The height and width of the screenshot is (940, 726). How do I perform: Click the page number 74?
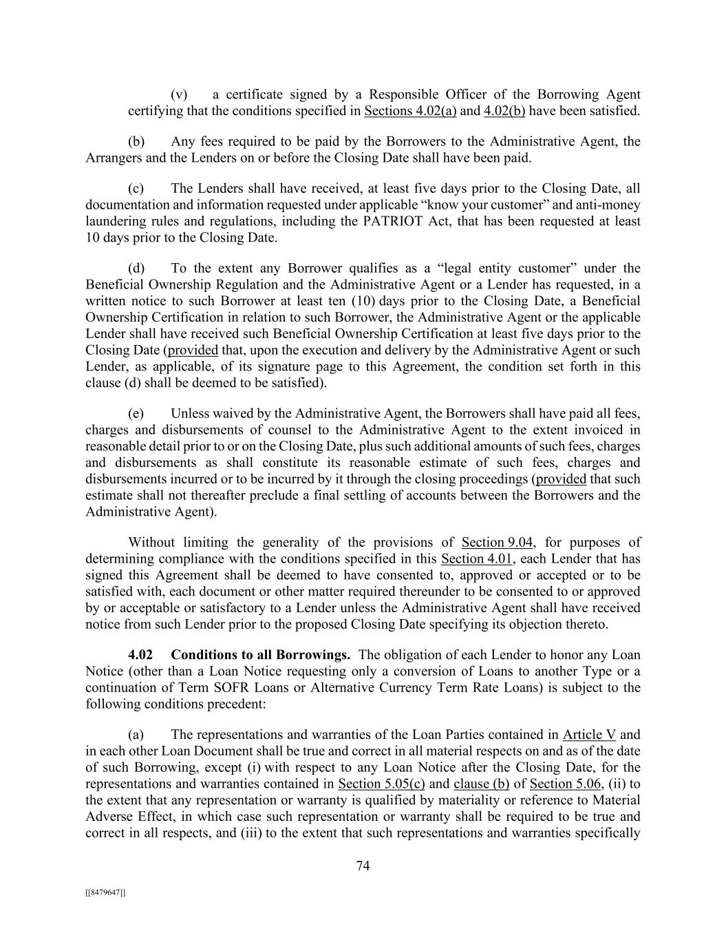[363, 866]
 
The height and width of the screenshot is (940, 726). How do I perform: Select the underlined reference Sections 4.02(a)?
[410, 111]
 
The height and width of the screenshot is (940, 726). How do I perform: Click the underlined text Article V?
[589, 735]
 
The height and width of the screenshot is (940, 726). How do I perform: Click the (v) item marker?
[179, 95]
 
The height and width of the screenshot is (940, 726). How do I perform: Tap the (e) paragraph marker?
[136, 414]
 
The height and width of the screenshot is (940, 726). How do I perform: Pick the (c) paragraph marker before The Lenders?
[136, 189]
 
